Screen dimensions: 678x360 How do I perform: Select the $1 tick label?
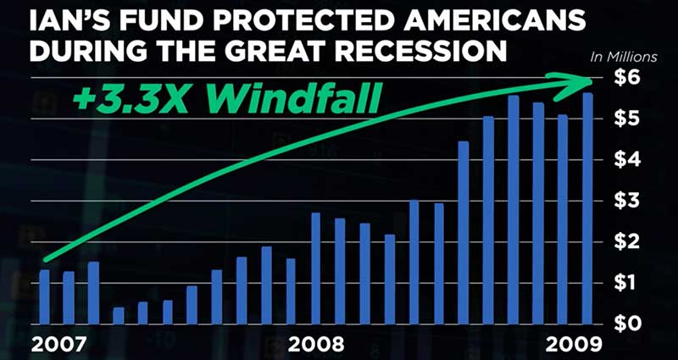(626, 284)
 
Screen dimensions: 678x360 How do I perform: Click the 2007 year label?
(58, 345)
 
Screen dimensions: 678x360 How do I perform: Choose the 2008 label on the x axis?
(316, 345)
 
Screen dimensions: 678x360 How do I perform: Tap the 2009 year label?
(574, 345)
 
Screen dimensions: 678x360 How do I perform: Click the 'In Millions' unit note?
(624, 58)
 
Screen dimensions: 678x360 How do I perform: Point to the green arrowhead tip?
(591, 80)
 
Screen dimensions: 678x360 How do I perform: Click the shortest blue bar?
(119, 315)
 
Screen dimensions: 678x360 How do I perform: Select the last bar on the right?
(587, 208)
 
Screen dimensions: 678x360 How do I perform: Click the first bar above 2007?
(45, 297)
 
